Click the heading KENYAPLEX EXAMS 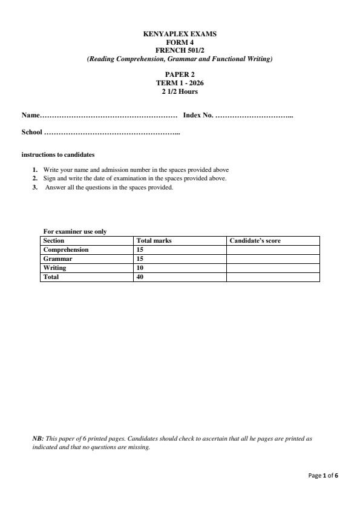179,34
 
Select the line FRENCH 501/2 179,50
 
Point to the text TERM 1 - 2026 179,83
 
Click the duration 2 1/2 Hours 179,91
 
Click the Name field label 30,115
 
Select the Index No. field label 198,115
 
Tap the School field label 32,132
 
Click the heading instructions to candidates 57,154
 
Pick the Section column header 54,240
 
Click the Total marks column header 154,240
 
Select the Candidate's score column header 255,240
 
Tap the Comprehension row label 66,249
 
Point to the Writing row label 54,268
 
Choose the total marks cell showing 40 140,277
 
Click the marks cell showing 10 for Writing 140,268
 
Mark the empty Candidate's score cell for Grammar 272,258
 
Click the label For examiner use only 75,232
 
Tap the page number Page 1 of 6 323,476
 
